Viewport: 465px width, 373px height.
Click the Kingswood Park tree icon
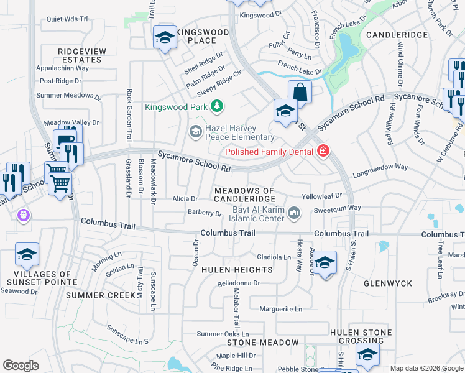coord(216,107)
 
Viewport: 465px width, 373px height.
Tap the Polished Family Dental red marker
coord(323,151)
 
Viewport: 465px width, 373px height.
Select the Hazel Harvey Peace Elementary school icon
coord(195,131)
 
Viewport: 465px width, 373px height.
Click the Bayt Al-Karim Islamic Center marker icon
coord(293,214)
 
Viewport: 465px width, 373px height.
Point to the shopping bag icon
coord(300,92)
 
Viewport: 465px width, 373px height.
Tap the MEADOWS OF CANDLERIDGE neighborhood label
coord(244,195)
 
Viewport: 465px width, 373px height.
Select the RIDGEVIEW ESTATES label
coord(80,55)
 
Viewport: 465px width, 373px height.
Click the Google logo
coord(21,366)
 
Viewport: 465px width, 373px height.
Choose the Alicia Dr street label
coord(185,199)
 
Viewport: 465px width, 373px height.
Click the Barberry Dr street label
coord(205,213)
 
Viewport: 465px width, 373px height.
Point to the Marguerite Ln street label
coord(280,309)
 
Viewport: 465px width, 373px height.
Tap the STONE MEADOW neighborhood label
coord(262,343)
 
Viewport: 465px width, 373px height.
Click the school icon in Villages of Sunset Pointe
coord(27,254)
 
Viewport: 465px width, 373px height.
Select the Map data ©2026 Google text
coord(426,368)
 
